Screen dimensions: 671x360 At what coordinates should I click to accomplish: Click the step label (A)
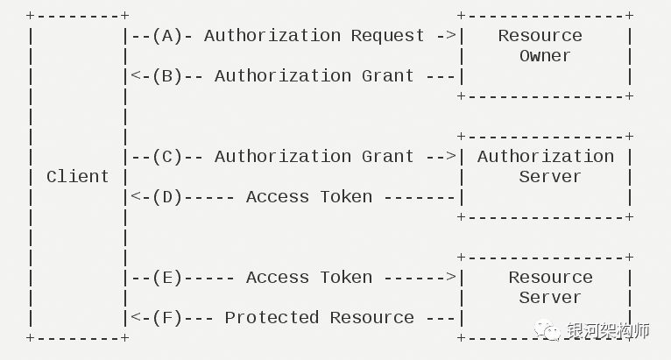coord(168,36)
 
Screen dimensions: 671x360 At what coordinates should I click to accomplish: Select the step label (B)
coord(168,76)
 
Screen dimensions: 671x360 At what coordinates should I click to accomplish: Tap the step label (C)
coord(168,157)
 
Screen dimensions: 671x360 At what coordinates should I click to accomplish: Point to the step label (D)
coord(168,197)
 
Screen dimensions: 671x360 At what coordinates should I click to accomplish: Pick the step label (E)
coord(168,278)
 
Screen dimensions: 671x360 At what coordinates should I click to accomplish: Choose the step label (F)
coord(168,318)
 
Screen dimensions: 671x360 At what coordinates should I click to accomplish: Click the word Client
coord(78,176)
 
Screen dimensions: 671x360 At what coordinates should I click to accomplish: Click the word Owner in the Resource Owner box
coord(545,56)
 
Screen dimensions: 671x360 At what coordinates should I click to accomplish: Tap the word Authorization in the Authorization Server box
coord(546,157)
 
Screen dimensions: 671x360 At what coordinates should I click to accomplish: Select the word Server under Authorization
coord(550,177)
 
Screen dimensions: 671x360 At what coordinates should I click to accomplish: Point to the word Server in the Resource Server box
coord(550,298)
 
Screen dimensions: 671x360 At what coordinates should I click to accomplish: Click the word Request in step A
coord(388,37)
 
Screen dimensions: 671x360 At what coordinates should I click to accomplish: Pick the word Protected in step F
coord(272,318)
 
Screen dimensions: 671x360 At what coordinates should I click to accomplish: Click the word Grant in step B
coord(388,76)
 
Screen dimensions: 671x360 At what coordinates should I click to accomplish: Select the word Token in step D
coord(346,197)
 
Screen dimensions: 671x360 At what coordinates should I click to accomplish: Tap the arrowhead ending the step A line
coord(451,35)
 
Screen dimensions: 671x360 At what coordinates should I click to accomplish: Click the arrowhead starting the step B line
coord(136,76)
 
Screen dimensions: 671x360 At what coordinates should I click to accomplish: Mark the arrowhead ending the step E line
coord(451,277)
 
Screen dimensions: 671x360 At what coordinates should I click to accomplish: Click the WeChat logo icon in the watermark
coord(547,330)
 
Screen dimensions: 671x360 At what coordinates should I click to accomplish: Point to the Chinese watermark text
coord(609,330)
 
